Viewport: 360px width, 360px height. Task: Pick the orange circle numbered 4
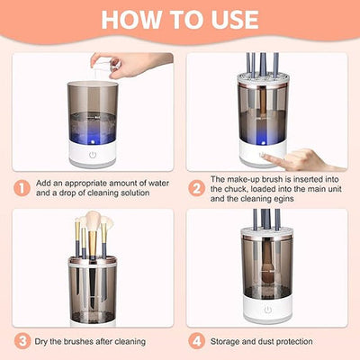pyautogui.click(x=195, y=341)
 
